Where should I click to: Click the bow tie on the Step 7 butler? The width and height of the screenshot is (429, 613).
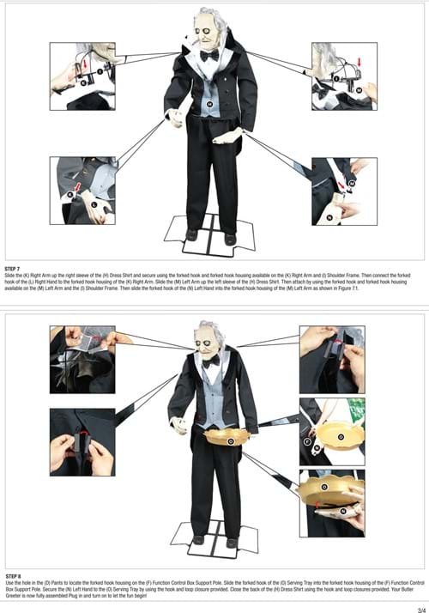click(x=208, y=55)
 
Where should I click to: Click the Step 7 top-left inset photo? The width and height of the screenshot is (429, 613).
click(x=83, y=76)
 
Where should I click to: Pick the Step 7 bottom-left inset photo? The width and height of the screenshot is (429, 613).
click(x=82, y=191)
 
